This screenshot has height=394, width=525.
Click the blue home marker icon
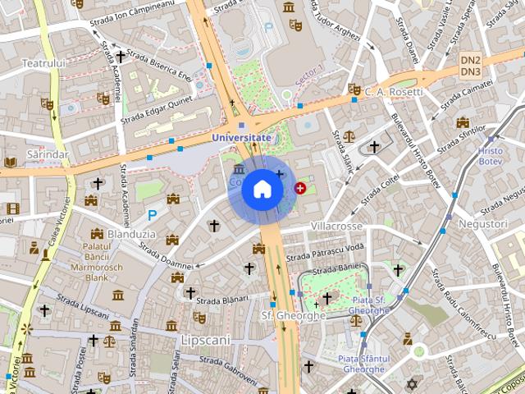coord(262,189)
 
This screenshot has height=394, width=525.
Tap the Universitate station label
coord(241,138)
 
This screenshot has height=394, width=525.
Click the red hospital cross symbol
coord(299,189)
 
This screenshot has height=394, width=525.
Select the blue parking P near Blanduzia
coord(152,215)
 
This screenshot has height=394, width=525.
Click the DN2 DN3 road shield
coord(470,66)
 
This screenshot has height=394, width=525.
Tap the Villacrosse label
coord(337,226)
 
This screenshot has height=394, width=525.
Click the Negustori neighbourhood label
coord(483,223)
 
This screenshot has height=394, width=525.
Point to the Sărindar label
coord(47,153)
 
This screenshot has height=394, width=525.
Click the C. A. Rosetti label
coord(395,91)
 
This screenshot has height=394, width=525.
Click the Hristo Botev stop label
coord(491,156)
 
